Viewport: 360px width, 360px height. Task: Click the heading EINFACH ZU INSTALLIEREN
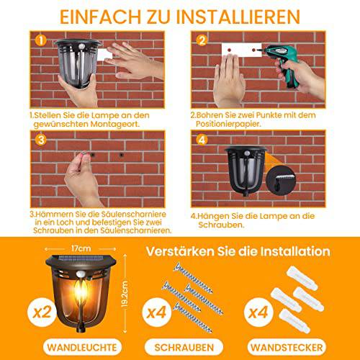(180, 15)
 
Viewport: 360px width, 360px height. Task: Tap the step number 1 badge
(42, 41)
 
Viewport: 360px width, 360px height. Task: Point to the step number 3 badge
(42, 141)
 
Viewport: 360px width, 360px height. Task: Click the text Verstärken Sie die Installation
(238, 252)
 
